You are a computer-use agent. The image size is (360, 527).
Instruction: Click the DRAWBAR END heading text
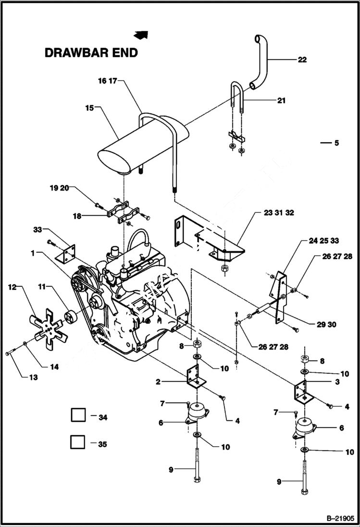[91, 53]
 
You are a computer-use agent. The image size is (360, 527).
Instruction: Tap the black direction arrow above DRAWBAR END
[141, 34]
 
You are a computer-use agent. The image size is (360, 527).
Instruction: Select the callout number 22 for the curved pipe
[302, 60]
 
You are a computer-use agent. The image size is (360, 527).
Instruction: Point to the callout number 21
[281, 100]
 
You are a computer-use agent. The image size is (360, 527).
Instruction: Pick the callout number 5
[336, 143]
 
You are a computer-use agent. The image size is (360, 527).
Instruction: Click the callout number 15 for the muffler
[89, 108]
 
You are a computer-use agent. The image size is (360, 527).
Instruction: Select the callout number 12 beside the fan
[12, 287]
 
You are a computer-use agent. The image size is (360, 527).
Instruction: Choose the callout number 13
[33, 378]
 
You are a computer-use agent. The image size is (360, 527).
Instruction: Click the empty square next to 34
[78, 415]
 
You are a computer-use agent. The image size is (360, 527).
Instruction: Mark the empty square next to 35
[78, 441]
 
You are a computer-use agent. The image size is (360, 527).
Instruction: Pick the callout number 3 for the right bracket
[337, 382]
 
